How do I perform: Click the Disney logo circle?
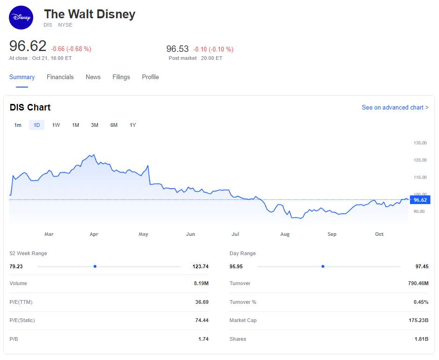22,18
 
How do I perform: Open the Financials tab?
60,77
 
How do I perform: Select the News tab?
93,77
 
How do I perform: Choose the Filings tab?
121,77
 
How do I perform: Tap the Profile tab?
150,77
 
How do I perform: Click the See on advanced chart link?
395,108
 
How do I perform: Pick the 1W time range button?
56,125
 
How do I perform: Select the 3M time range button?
95,125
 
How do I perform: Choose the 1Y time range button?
133,125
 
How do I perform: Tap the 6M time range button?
114,125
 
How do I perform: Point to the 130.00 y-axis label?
420,143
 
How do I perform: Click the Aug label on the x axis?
285,234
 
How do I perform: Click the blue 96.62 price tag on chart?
420,200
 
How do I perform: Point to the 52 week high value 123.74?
200,266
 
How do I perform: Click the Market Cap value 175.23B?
418,321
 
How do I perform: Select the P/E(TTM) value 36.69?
202,302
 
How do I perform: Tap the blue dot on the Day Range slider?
323,266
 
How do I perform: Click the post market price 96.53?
177,49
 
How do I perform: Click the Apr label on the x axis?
94,234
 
